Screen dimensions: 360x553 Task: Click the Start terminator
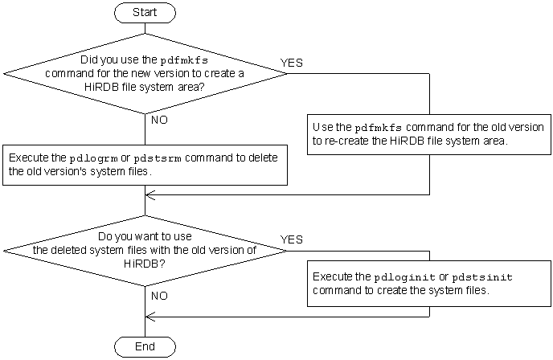pos(144,12)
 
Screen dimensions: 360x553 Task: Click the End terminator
pos(144,346)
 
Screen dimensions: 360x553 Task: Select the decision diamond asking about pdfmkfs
pos(144,73)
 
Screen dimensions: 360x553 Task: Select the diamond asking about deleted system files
pos(144,250)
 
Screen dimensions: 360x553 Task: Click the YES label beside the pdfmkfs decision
pos(291,63)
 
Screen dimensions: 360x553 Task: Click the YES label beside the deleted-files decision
pos(291,239)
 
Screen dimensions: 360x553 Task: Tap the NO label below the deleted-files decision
pos(159,296)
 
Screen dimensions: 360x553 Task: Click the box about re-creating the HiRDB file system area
pos(428,134)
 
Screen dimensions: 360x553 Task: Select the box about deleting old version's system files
pos(145,165)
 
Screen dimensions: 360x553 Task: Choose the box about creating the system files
pos(428,283)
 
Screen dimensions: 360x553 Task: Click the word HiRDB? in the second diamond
pos(144,262)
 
